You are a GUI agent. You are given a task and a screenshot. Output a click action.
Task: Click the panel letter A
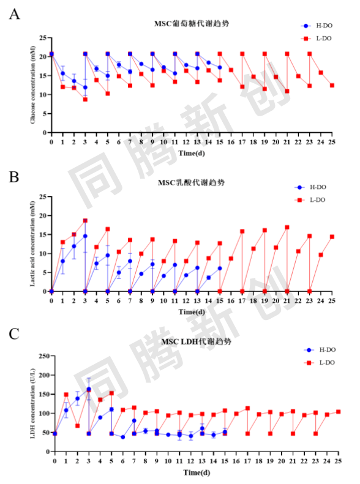pyautogui.click(x=14, y=14)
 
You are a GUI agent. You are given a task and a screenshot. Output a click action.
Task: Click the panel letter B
pyautogui.click(x=14, y=177)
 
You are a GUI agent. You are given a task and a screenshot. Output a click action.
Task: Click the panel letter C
pyautogui.click(x=14, y=334)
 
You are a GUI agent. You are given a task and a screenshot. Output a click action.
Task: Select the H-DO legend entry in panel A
pyautogui.click(x=317, y=26)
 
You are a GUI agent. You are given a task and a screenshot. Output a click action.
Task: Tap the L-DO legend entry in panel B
pyautogui.click(x=310, y=200)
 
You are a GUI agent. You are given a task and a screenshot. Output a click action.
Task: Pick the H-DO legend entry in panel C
pyautogui.click(x=320, y=350)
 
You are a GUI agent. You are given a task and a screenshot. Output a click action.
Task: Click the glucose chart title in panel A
pyautogui.click(x=192, y=23)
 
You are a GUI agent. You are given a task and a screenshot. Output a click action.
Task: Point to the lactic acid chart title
pyautogui.click(x=191, y=182)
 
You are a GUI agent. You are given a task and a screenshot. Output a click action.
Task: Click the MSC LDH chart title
pyautogui.click(x=196, y=341)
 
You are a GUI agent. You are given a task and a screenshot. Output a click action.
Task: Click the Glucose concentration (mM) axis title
pyautogui.click(x=32, y=85)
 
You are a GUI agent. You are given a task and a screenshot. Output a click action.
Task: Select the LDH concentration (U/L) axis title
pyautogui.click(x=32, y=403)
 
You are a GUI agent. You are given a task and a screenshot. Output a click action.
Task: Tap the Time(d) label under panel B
pyautogui.click(x=192, y=312)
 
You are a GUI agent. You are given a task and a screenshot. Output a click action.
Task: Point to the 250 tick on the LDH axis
pyautogui.click(x=44, y=356)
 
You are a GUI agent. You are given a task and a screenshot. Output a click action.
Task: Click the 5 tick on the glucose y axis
pyautogui.click(x=44, y=114)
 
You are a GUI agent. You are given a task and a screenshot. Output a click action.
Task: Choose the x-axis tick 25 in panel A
pyautogui.click(x=332, y=142)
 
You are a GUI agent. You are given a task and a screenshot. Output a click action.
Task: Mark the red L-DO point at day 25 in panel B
pyautogui.click(x=332, y=237)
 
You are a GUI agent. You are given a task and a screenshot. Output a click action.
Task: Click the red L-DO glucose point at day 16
pyautogui.click(x=231, y=70)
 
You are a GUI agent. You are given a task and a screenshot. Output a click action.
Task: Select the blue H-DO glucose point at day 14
pyautogui.click(x=208, y=62)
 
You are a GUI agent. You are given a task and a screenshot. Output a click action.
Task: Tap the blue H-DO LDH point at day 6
pyautogui.click(x=123, y=437)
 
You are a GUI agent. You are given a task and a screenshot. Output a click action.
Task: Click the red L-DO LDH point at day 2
pyautogui.click(x=78, y=426)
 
